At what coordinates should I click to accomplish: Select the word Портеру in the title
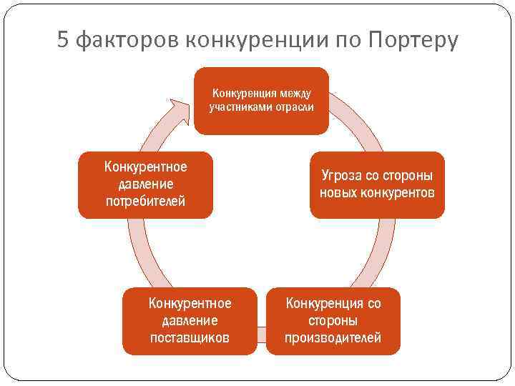point(412,41)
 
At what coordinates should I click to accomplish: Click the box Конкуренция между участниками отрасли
point(261,101)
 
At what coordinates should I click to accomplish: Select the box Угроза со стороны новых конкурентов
point(377,184)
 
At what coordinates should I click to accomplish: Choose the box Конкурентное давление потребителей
point(145,184)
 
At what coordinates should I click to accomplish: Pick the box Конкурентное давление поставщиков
point(190,321)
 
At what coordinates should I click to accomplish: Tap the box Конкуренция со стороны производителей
point(333,321)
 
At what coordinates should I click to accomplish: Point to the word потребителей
point(145,201)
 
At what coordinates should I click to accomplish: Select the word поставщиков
point(190,337)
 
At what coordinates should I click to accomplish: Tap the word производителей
point(333,337)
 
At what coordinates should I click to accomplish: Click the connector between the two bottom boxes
point(261,330)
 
